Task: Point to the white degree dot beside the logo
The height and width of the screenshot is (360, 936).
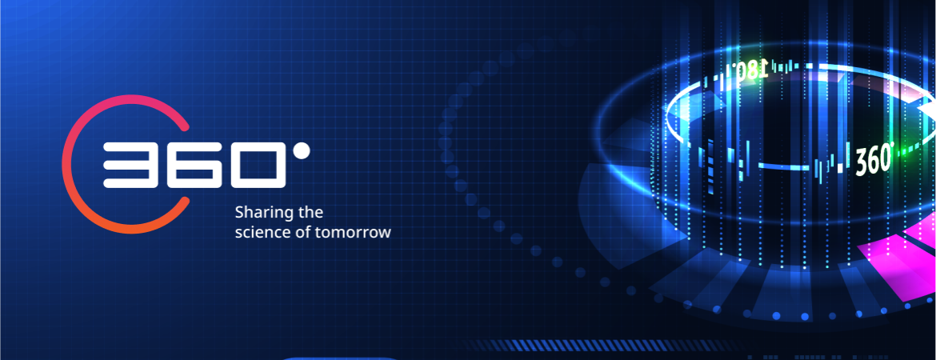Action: (302, 151)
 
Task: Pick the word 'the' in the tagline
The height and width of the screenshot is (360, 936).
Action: (310, 212)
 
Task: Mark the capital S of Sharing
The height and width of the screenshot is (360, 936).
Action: (239, 212)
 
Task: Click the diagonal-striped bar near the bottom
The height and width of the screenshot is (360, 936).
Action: (596, 345)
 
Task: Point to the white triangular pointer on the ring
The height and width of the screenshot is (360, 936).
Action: (926, 110)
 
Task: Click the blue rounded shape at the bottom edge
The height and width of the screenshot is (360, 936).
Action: (341, 358)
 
